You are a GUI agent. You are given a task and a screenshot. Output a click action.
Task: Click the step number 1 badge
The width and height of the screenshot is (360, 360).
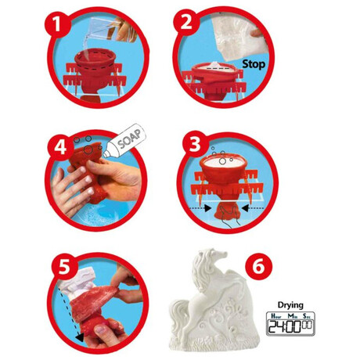coord(57,25)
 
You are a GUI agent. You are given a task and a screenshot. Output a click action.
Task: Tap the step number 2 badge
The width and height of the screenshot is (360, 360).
coord(186,22)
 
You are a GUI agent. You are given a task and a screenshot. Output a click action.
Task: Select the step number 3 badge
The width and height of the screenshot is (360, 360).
coord(195,144)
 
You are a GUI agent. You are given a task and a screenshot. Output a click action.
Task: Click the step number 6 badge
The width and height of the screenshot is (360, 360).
coord(258,266)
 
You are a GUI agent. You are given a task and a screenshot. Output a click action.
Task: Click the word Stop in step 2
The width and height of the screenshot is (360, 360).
coord(254,64)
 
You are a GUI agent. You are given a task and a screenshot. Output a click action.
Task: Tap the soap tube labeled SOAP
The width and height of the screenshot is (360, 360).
coord(124,141)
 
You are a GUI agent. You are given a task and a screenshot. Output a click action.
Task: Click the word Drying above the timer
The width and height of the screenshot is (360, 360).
coord(290,305)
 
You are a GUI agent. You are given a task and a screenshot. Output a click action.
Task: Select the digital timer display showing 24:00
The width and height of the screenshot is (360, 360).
coord(290,323)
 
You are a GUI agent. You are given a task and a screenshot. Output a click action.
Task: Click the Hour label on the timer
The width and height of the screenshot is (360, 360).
coord(276,316)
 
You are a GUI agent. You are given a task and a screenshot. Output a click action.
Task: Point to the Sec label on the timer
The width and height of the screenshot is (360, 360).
coord(307,316)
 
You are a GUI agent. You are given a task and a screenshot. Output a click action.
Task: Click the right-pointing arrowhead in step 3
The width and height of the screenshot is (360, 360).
coord(208,208)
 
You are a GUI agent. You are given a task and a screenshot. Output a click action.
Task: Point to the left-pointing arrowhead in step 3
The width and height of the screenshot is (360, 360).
coord(245,208)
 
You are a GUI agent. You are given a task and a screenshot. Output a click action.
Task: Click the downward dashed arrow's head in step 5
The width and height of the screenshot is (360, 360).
coord(80,337)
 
